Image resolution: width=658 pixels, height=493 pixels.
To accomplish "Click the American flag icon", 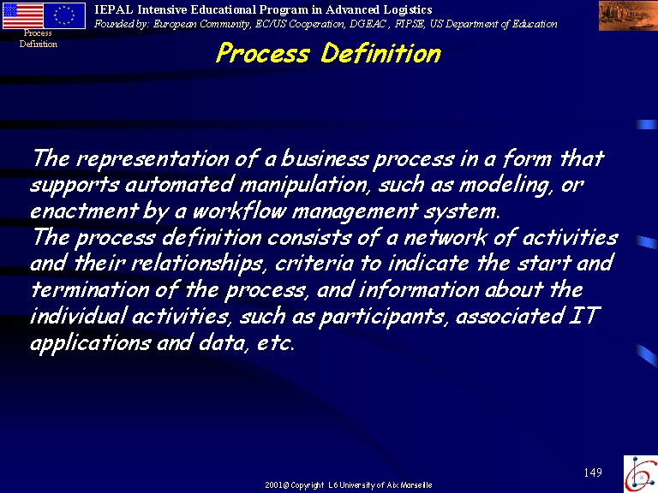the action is (22, 15).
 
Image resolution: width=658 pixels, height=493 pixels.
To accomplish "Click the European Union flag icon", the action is (64, 15).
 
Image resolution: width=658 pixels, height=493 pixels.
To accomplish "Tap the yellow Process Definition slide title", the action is (328, 53).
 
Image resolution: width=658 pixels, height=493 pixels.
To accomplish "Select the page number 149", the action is (593, 472).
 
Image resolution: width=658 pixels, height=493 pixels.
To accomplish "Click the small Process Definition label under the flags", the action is (39, 39).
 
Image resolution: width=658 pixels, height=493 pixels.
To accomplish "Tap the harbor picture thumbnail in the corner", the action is (628, 15).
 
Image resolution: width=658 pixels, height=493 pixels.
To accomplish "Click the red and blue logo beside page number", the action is (641, 473).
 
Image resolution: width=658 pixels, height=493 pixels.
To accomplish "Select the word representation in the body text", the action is (153, 159).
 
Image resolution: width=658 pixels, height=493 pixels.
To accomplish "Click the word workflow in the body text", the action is (240, 211).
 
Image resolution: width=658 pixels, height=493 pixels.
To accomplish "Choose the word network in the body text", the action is (446, 237).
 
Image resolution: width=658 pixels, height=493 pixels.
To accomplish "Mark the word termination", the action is (90, 289).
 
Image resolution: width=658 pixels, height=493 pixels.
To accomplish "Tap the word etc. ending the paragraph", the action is (276, 343).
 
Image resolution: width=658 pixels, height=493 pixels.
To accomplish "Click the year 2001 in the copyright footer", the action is (273, 485).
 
